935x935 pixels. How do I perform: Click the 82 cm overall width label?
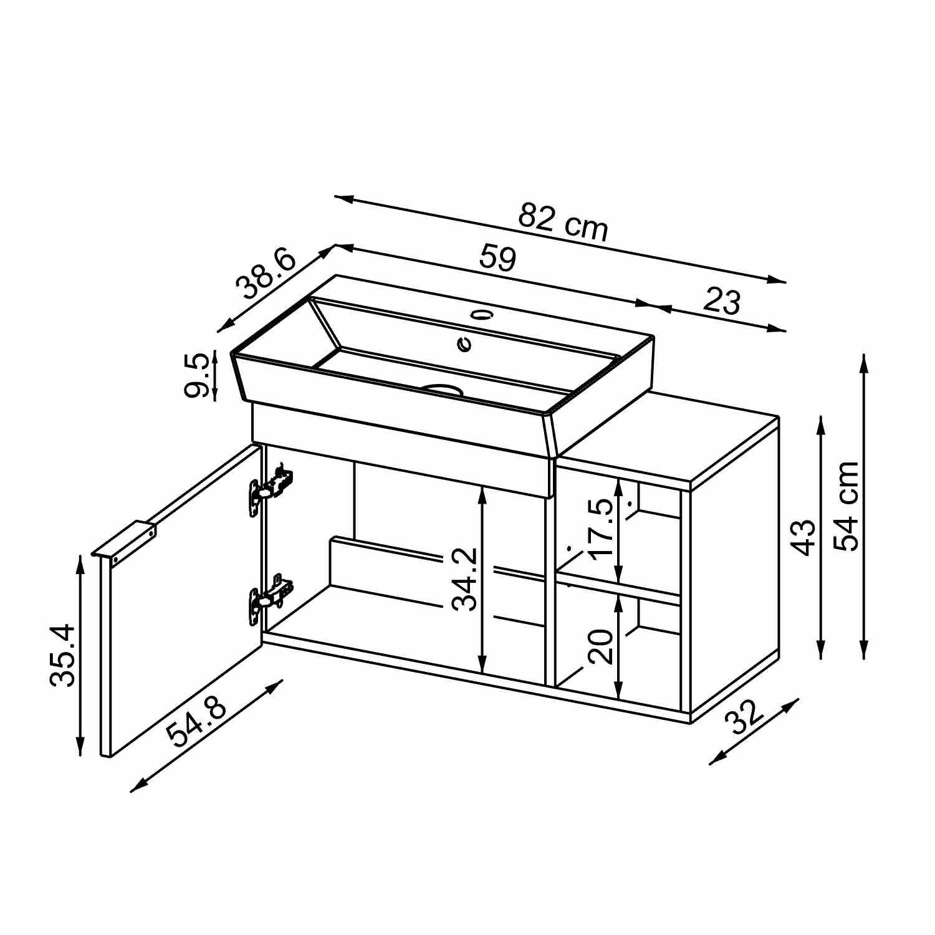(x=563, y=222)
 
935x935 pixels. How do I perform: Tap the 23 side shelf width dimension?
(x=722, y=301)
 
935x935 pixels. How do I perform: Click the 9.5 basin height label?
(x=196, y=375)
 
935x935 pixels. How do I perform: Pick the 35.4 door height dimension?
(x=63, y=655)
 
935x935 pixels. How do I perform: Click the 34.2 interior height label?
(x=465, y=578)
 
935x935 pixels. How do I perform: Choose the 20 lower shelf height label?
(x=601, y=646)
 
